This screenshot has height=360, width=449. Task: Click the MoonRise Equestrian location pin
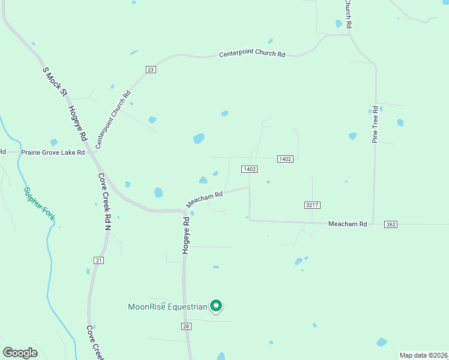(217, 306)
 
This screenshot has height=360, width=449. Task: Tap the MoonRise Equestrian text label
(167, 307)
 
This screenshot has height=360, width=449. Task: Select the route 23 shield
(151, 70)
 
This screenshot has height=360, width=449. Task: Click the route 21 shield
(99, 260)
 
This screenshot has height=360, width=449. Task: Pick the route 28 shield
(186, 325)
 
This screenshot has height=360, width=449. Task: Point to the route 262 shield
(391, 224)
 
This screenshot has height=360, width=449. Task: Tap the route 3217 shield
(312, 205)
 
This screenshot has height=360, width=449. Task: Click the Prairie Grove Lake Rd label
(53, 152)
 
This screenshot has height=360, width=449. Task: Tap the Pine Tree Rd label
(375, 125)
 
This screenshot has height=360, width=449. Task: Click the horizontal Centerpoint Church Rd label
(252, 54)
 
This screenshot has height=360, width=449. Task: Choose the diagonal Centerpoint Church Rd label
(113, 120)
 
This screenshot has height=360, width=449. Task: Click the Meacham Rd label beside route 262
(347, 224)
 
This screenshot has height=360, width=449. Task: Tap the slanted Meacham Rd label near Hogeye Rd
(204, 199)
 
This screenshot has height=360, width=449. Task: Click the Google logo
(20, 353)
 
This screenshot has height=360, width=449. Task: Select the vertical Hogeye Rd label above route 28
(187, 235)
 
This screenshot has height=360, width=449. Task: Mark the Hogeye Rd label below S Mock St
(78, 123)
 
